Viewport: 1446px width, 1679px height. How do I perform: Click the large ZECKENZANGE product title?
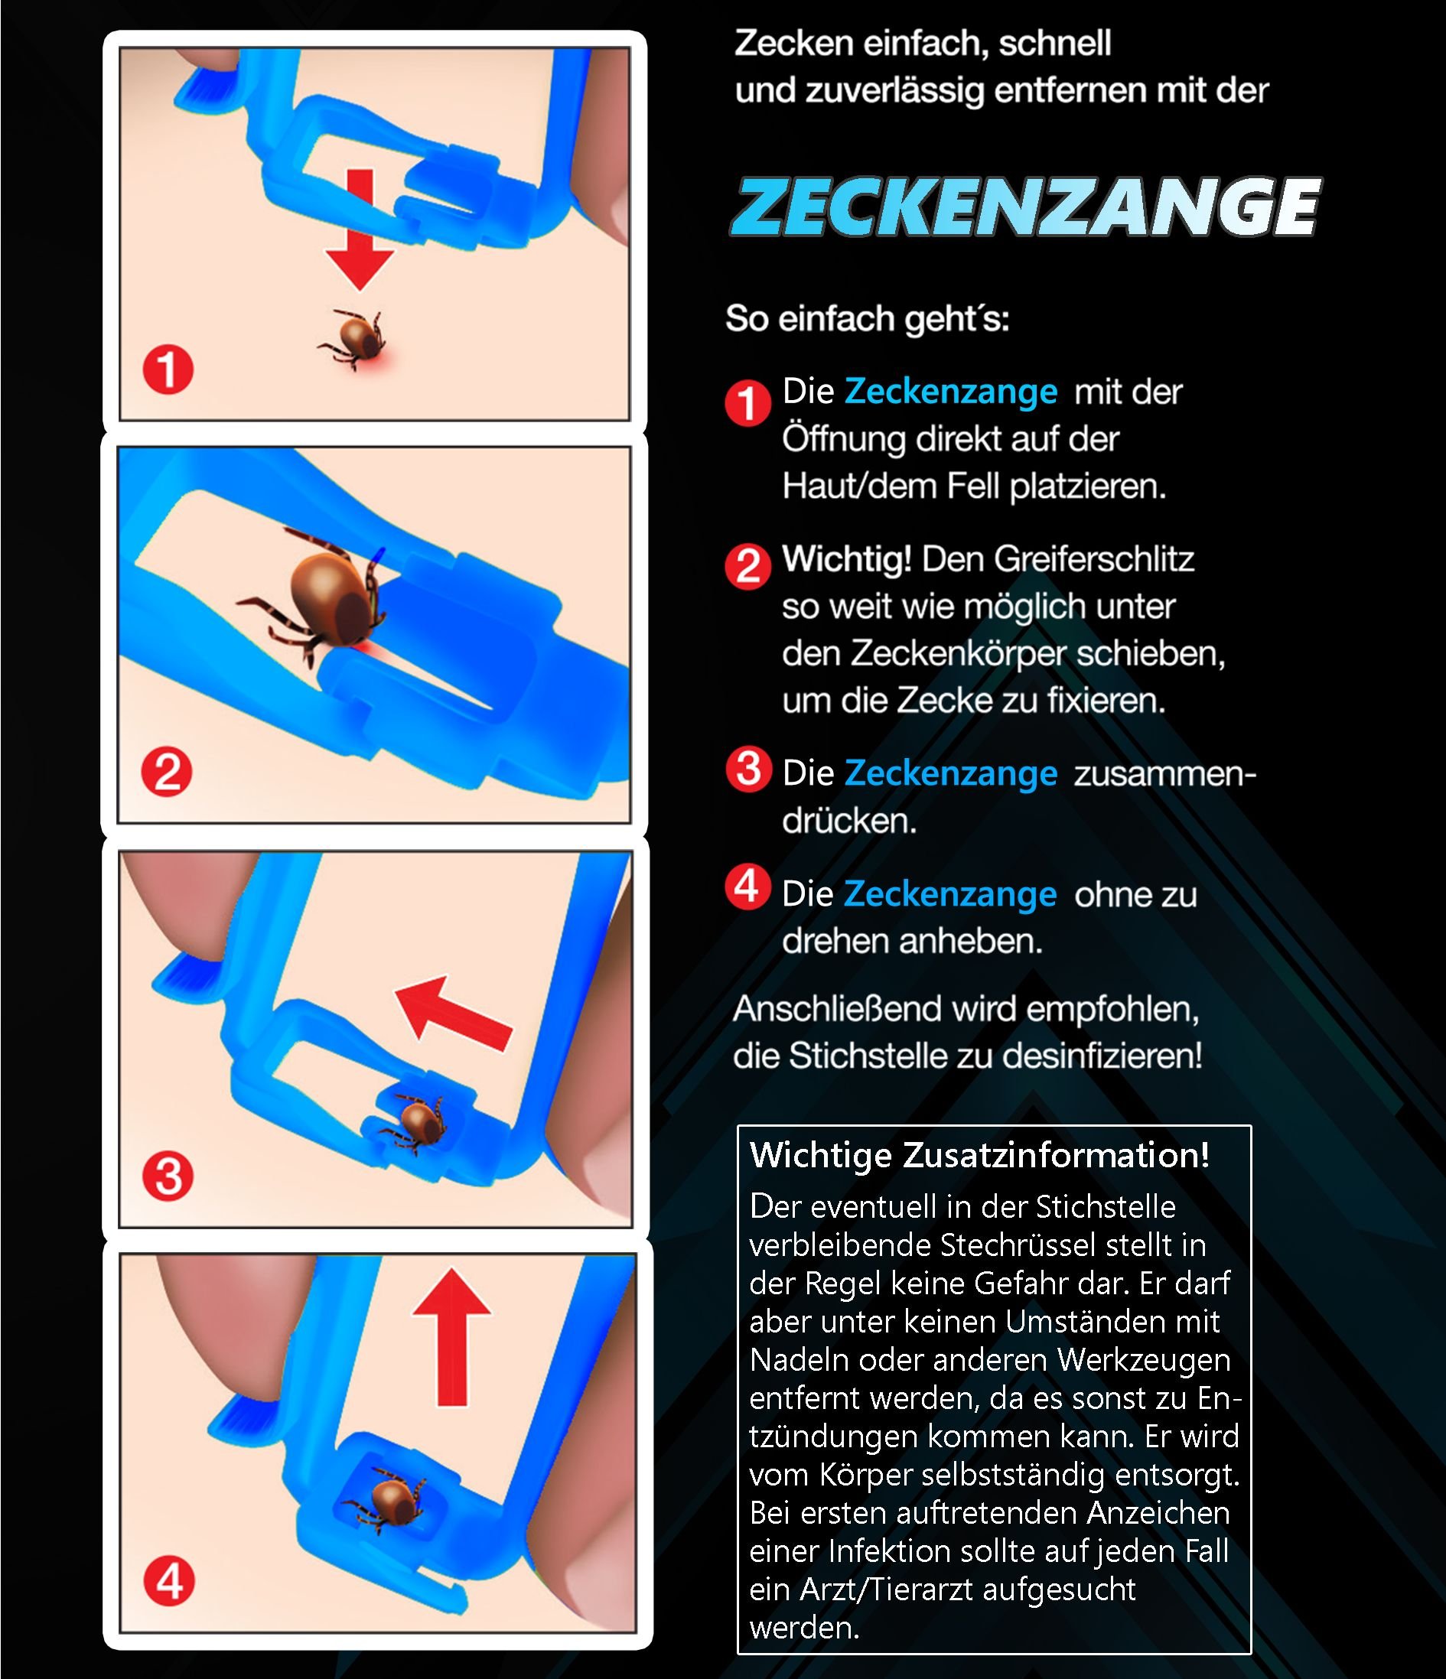tap(1024, 207)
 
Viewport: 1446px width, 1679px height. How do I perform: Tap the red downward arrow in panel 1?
tap(360, 229)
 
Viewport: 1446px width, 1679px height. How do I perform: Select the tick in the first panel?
tap(353, 338)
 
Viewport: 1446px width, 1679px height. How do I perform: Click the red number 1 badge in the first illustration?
tap(168, 370)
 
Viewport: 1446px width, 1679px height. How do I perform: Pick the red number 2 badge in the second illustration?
tap(167, 772)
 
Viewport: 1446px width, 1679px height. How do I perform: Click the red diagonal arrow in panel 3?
tap(453, 1014)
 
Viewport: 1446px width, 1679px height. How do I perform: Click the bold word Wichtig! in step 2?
tap(846, 558)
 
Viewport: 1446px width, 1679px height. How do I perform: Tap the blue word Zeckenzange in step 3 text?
tap(951, 773)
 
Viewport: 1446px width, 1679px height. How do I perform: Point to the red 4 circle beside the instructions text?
tap(747, 887)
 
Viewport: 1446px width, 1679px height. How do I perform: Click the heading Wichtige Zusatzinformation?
tap(979, 1155)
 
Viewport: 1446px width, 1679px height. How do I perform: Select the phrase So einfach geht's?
tap(868, 318)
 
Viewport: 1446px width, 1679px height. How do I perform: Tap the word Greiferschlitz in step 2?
tap(1093, 559)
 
